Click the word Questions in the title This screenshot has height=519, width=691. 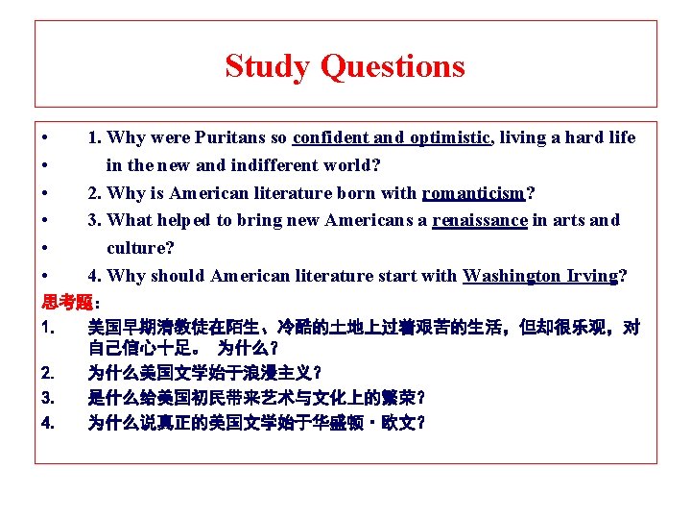[393, 66]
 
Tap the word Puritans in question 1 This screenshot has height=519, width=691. [227, 137]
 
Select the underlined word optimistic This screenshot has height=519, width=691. [450, 137]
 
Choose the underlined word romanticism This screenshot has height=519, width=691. [474, 193]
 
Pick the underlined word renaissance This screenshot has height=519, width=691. [480, 220]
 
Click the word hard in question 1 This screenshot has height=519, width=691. [584, 137]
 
